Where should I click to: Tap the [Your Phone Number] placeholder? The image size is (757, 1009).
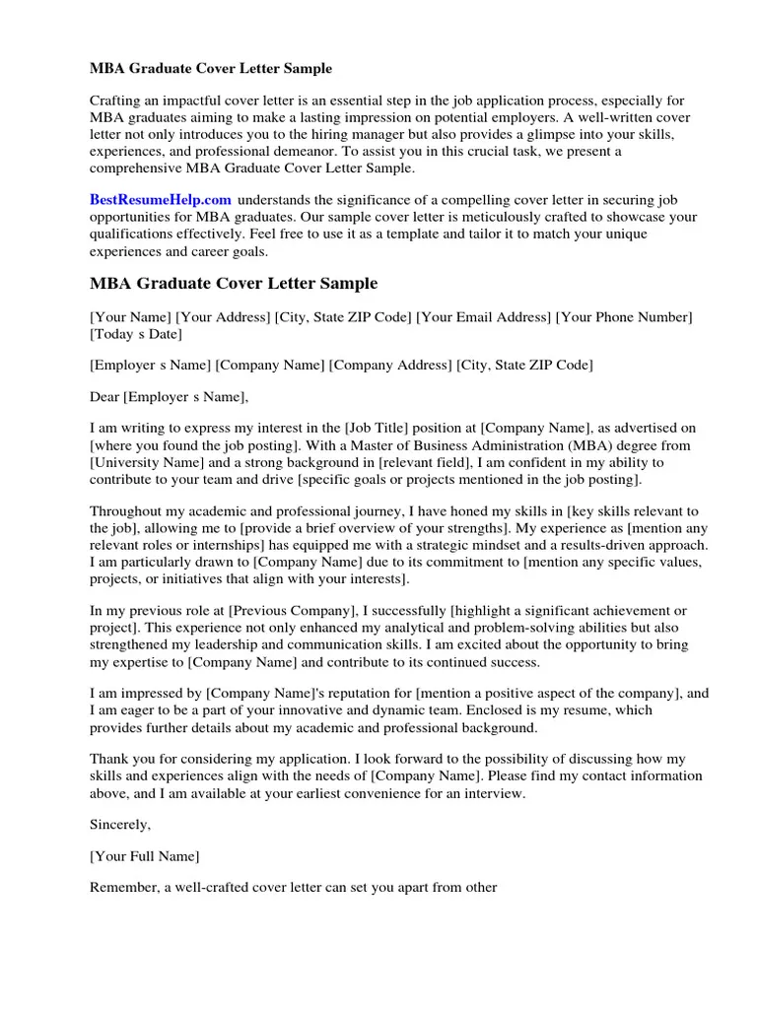coord(624,316)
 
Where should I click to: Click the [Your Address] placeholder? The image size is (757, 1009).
coord(223,316)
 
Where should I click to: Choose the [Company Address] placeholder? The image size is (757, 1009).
coord(390,365)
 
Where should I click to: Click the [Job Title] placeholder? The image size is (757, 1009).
coord(378,428)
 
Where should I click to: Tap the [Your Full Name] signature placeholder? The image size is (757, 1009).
coord(145,855)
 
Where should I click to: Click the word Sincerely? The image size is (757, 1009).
coord(120,823)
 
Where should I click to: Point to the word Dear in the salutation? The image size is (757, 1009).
coord(104,397)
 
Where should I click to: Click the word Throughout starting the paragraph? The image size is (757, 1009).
coord(129,510)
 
